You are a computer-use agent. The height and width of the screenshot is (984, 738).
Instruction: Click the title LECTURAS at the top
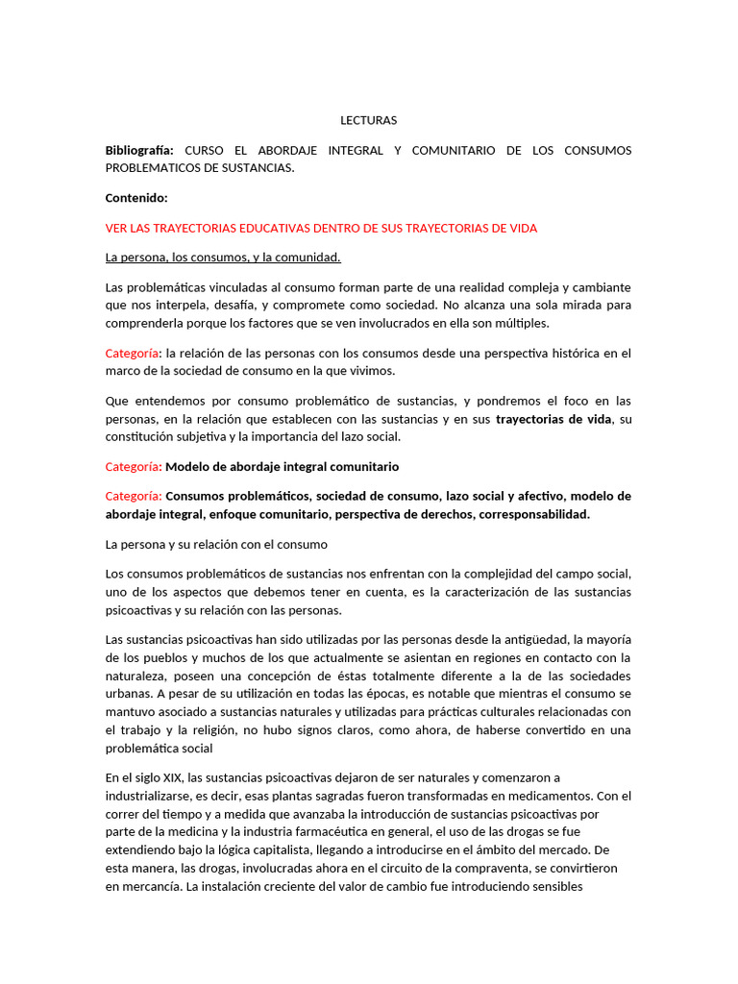click(x=368, y=120)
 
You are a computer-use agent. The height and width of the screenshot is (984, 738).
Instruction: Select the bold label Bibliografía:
click(x=139, y=150)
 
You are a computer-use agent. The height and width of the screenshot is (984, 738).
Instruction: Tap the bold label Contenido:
click(x=135, y=198)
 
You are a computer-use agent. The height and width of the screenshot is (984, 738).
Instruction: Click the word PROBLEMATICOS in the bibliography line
click(x=152, y=168)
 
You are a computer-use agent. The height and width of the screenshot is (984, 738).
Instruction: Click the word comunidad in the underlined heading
click(x=309, y=258)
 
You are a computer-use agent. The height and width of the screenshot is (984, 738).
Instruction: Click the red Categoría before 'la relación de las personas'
click(x=133, y=353)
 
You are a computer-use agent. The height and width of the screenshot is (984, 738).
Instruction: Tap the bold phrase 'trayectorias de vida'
click(x=553, y=419)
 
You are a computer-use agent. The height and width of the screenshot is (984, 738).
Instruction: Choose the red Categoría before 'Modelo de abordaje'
click(x=133, y=466)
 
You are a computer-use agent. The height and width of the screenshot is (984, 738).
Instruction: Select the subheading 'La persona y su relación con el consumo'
click(x=216, y=544)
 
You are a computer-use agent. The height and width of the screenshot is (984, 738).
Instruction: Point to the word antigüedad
click(x=534, y=639)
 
